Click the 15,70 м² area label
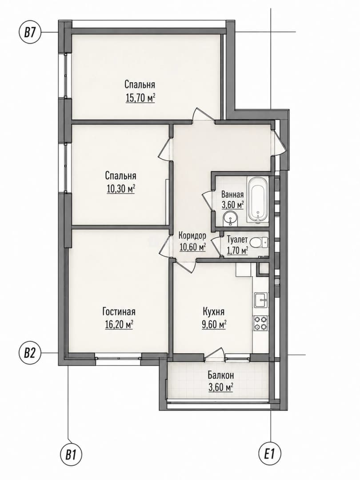[x=140, y=98]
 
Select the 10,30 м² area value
[x=120, y=189]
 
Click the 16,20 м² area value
[x=119, y=324]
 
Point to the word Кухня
[x=214, y=312]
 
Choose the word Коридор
[x=192, y=236]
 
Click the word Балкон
[x=221, y=375]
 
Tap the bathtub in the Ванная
[x=258, y=200]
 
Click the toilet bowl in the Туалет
[x=259, y=243]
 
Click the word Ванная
[x=232, y=194]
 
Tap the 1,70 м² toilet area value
[x=237, y=251]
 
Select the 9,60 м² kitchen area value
[x=214, y=324]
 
